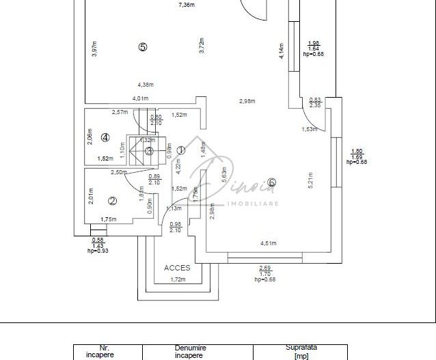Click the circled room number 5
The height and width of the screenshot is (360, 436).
click(x=142, y=47)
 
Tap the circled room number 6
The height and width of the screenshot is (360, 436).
click(x=272, y=182)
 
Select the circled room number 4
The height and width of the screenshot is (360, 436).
click(x=105, y=137)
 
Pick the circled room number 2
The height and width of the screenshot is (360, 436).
click(x=113, y=201)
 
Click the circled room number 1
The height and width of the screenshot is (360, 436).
click(x=180, y=150)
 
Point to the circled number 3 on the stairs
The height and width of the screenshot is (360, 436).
click(x=149, y=151)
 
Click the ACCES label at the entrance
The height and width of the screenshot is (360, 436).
click(x=177, y=268)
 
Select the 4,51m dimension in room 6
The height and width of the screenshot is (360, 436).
click(x=269, y=243)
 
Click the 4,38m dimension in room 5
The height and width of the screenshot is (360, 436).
click(x=145, y=85)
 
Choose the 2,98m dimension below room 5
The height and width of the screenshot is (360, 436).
click(x=247, y=102)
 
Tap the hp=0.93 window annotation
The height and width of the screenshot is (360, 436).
click(x=98, y=251)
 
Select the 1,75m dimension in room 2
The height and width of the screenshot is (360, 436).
click(x=109, y=219)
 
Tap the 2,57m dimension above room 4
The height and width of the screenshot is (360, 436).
click(x=120, y=112)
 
